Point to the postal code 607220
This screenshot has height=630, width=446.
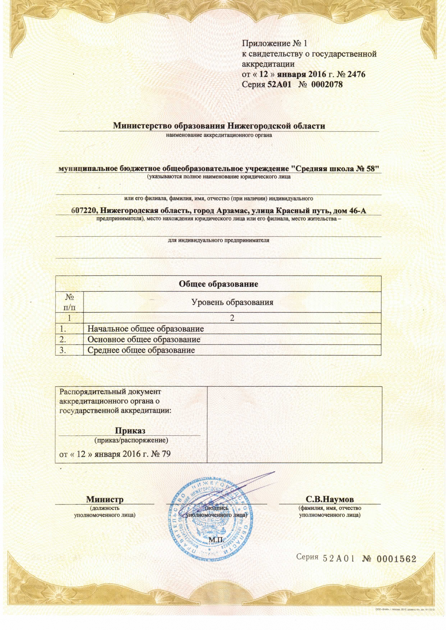84,210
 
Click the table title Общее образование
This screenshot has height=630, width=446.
218,284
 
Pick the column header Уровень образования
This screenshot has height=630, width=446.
232,302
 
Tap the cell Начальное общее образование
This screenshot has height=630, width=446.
145,329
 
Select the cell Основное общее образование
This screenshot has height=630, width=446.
144,340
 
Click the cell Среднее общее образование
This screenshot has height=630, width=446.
141,350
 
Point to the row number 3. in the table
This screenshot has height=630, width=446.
63,350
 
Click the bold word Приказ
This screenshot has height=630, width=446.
130,431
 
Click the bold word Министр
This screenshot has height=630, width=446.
105,499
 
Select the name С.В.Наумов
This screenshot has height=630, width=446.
330,499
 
